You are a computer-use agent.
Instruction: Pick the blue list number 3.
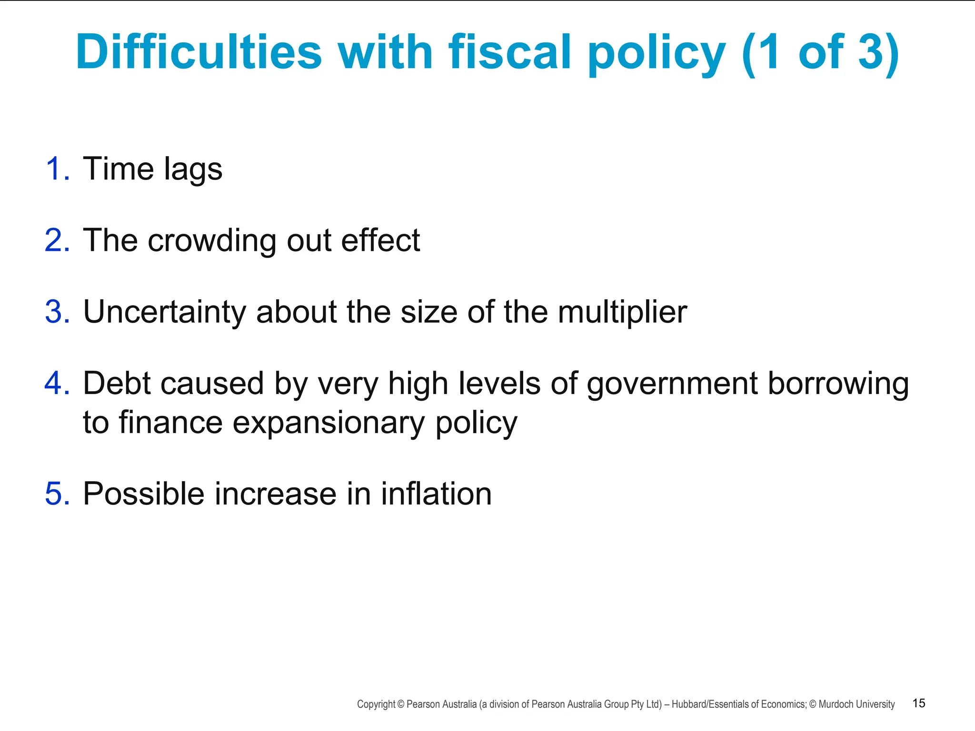pyautogui.click(x=58, y=312)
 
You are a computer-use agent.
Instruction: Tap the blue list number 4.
pyautogui.click(x=58, y=383)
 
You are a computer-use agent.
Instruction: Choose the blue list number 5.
pyautogui.click(x=58, y=494)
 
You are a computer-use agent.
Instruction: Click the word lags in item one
pyautogui.click(x=193, y=169)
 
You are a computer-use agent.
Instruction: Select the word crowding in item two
pyautogui.click(x=212, y=241)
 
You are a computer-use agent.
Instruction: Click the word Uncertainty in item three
pyautogui.click(x=164, y=313)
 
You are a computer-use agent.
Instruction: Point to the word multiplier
pyautogui.click(x=622, y=313)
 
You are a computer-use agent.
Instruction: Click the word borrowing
pyautogui.click(x=838, y=384)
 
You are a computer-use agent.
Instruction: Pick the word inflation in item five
pyautogui.click(x=436, y=494)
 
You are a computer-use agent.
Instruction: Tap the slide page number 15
pyautogui.click(x=918, y=703)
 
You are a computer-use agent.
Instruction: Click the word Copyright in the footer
pyautogui.click(x=376, y=704)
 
